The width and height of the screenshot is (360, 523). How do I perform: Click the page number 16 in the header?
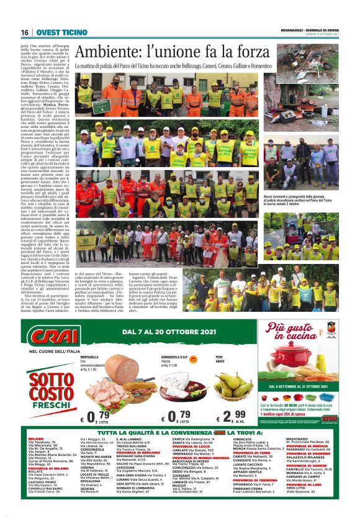[x=24, y=32]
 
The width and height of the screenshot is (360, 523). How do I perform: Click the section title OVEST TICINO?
[x=61, y=32]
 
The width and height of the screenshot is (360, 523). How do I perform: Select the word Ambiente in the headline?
[x=109, y=52]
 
